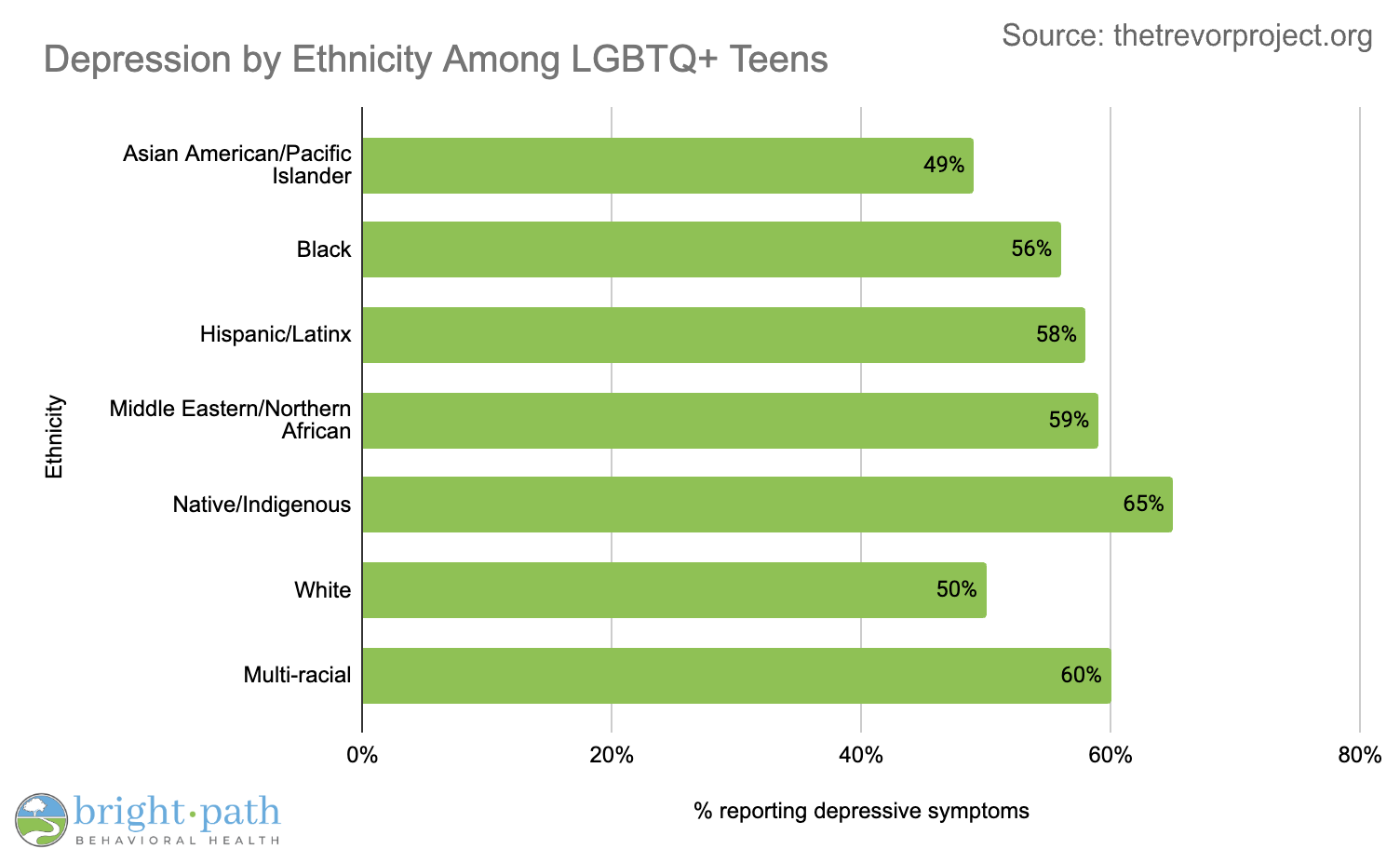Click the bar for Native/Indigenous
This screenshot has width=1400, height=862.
coord(767,505)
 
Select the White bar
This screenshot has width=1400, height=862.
coord(674,590)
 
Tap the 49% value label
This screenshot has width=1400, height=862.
coord(944,166)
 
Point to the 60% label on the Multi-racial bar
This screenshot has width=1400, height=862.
coord(1081,676)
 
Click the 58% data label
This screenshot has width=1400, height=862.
coord(1057,335)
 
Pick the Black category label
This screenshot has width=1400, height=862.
coord(324,249)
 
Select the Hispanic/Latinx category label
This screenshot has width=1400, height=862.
coord(276,334)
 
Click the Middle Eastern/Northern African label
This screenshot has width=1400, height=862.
coord(231,420)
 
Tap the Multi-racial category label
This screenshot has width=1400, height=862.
coord(297,675)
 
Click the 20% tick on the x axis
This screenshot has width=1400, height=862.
coord(612,755)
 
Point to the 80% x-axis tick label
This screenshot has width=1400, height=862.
coord(1359,755)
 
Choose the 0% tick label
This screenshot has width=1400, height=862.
coord(362,755)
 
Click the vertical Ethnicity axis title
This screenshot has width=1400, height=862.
coord(55,437)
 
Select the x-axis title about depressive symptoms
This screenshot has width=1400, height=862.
coord(861,811)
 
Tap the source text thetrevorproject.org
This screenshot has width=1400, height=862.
coord(1242,35)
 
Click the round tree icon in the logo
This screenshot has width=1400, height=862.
coord(41,819)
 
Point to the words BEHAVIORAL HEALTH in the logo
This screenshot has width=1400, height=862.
coord(177,841)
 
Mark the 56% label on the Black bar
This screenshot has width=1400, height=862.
coord(1031,249)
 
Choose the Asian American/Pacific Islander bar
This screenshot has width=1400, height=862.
coord(667,166)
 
